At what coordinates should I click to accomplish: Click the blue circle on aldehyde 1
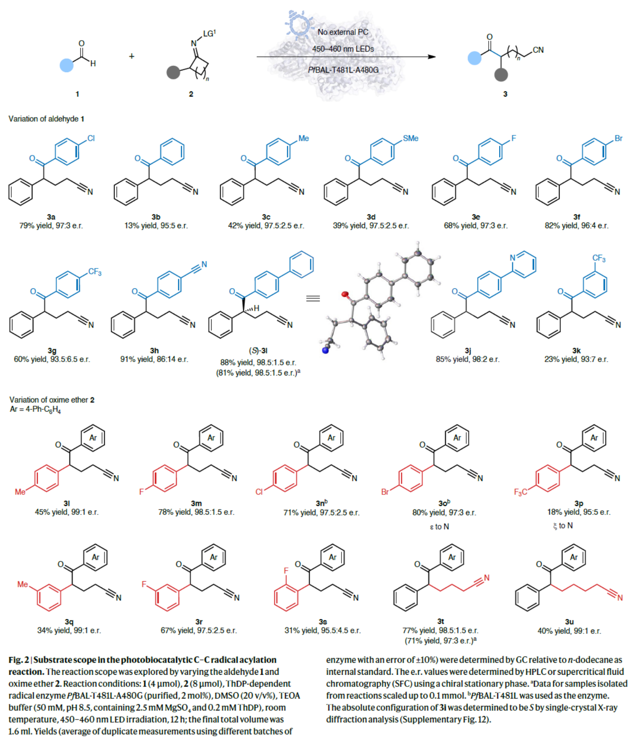67,65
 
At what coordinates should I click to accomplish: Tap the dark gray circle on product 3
501,75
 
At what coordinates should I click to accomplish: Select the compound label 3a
51,217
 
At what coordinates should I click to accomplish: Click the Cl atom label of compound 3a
91,138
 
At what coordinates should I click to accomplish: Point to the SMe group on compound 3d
411,138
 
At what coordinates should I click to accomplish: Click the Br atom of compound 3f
619,138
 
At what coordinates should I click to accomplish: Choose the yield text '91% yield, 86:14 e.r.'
154,359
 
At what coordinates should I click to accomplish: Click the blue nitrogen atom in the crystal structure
325,350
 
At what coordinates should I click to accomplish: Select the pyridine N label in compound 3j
513,257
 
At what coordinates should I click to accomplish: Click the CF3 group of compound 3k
599,258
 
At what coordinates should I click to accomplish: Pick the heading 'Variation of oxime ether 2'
52,399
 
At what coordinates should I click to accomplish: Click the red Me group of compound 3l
20,492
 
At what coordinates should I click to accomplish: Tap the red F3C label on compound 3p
521,492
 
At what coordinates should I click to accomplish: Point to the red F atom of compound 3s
286,571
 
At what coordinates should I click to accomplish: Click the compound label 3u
569,621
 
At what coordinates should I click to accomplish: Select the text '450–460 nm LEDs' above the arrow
343,49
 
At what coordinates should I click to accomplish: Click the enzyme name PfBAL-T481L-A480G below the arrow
343,70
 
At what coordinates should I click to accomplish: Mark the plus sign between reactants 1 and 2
131,56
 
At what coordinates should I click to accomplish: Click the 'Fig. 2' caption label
18,660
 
